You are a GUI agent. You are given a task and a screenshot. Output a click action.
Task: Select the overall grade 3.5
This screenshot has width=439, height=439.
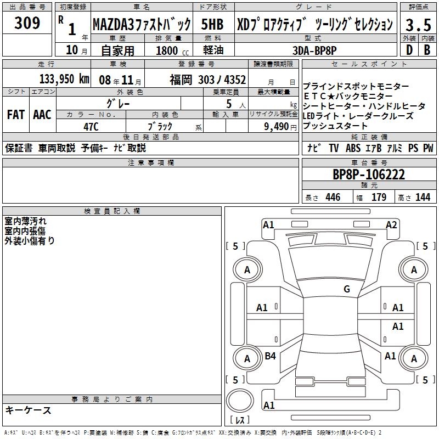(417, 25)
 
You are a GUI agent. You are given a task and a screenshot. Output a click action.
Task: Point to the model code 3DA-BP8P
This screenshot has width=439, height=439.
(315, 50)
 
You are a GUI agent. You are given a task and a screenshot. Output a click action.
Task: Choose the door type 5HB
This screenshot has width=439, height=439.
(211, 24)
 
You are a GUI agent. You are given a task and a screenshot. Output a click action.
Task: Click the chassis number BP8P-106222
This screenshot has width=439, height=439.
(369, 175)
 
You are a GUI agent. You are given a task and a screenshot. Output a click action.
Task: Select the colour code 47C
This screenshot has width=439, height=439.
(91, 125)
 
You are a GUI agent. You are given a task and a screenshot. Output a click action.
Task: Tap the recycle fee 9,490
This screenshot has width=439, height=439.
(274, 126)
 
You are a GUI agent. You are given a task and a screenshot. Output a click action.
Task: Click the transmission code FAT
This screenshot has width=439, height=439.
(15, 115)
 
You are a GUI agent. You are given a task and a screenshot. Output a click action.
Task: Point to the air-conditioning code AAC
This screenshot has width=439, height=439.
(42, 115)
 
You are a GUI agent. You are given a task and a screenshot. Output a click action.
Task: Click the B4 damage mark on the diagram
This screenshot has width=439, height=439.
(270, 356)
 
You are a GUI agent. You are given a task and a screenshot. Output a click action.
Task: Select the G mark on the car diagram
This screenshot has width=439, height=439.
(346, 289)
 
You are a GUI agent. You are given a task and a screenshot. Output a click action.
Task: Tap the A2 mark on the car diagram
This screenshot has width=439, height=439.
(391, 224)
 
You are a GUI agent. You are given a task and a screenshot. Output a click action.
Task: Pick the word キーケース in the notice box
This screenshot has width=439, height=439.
(28, 410)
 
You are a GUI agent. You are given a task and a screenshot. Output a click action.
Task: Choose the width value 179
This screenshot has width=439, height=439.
(379, 198)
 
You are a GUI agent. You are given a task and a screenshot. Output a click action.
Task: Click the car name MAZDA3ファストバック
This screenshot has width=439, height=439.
(141, 25)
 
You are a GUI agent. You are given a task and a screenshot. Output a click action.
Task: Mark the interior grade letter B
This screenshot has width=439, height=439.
(427, 49)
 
